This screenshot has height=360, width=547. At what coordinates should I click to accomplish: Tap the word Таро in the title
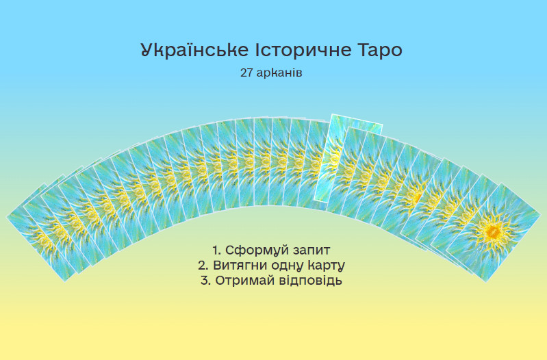coord(381,51)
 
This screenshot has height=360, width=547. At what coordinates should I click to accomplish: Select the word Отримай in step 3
coord(243,281)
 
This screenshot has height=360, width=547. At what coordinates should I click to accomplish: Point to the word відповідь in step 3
coord(308,281)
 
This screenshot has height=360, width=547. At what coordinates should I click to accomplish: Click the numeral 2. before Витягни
coord(203,266)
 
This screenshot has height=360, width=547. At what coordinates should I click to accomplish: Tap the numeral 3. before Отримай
coord(206,281)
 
